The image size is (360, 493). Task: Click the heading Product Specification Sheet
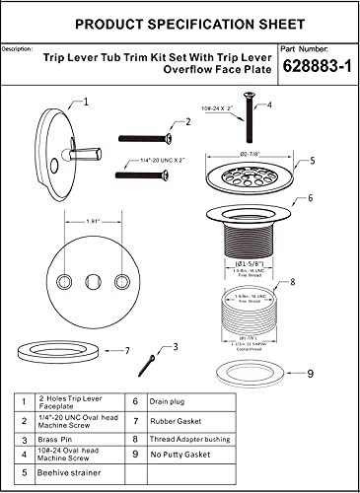[179, 21]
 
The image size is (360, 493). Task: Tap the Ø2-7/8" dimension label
[246, 154]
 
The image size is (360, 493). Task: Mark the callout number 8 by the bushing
[292, 282]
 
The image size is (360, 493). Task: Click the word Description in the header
[24, 47]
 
